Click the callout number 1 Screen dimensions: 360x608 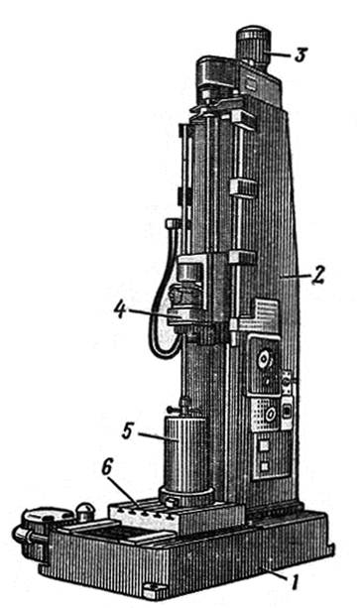pos(295,582)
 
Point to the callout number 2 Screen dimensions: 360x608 pos(317,275)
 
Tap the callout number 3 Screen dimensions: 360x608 pos(300,56)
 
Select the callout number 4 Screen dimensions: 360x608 pos(120,310)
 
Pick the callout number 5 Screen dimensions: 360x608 pos(128,431)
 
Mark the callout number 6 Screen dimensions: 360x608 pos(106,468)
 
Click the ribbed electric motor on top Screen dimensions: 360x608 pos(253,45)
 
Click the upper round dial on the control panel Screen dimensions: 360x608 pos(264,361)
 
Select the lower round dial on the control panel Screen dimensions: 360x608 pos(270,415)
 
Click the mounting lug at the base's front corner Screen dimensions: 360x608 pos(153,595)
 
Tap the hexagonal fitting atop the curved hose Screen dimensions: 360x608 pos(173,224)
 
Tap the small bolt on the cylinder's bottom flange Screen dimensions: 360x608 pos(171,503)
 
